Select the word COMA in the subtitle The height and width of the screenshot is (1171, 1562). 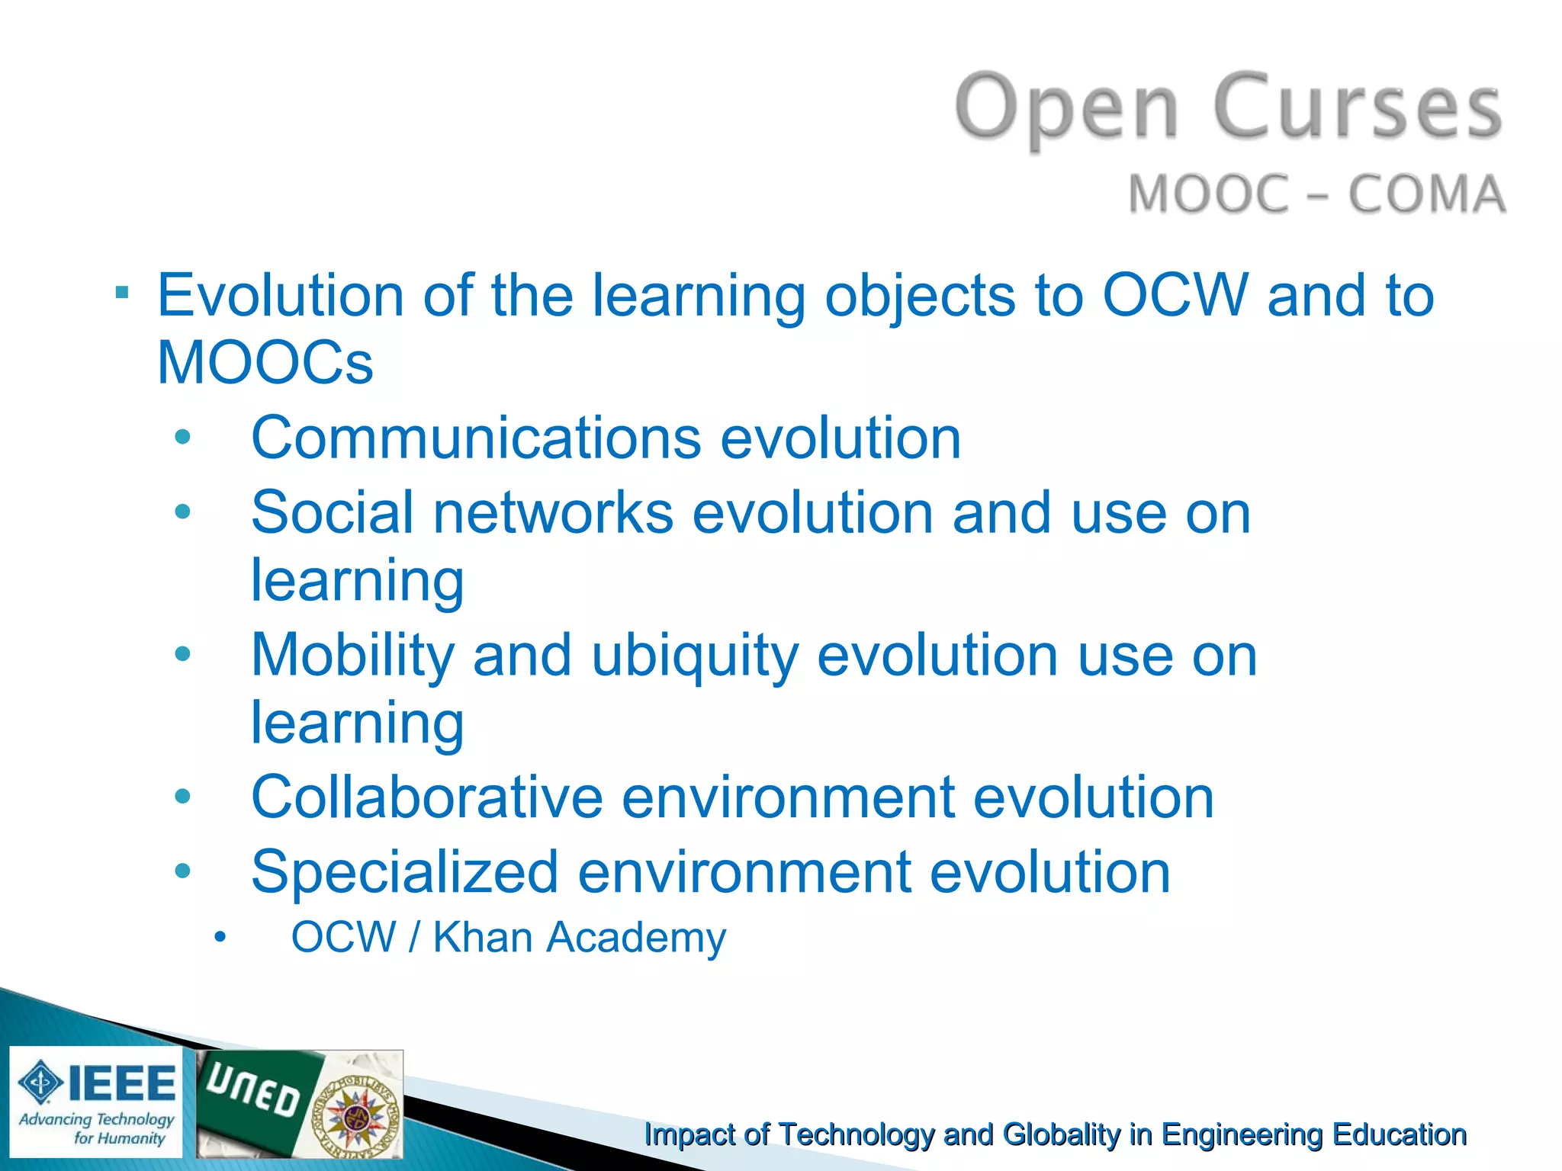point(1427,194)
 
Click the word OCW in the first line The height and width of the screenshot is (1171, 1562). point(1175,296)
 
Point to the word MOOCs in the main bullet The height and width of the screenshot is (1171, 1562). point(265,363)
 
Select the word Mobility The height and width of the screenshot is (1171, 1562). point(352,656)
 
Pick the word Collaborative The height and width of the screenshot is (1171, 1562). point(427,798)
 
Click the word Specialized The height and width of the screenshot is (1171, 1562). point(404,872)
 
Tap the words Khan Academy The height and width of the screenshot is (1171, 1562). point(580,938)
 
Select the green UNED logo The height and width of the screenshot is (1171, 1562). point(256,1098)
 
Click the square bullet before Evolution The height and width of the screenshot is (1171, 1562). point(122,293)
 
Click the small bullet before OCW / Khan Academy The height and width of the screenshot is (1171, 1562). point(220,938)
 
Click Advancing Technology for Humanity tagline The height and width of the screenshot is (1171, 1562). point(97,1129)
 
